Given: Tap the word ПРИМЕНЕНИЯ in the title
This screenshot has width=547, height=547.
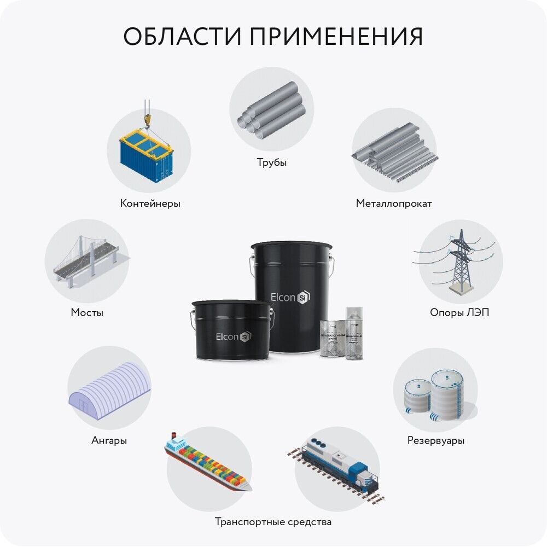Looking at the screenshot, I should click(336, 37).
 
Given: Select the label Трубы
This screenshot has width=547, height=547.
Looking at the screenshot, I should click(272, 162).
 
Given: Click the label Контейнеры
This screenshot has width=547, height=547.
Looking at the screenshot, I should click(150, 203).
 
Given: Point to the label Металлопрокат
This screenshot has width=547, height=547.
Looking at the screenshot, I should click(394, 203).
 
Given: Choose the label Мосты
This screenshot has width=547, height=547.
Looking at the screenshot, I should click(87, 313).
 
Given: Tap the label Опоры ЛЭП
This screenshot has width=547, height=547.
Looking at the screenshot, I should click(459, 313).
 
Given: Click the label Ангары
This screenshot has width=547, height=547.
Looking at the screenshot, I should click(109, 440).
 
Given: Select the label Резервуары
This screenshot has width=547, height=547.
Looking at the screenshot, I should click(436, 440).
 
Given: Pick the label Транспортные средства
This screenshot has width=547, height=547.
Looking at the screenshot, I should click(273, 521).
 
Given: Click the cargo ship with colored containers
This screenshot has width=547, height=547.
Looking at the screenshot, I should click(208, 462).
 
